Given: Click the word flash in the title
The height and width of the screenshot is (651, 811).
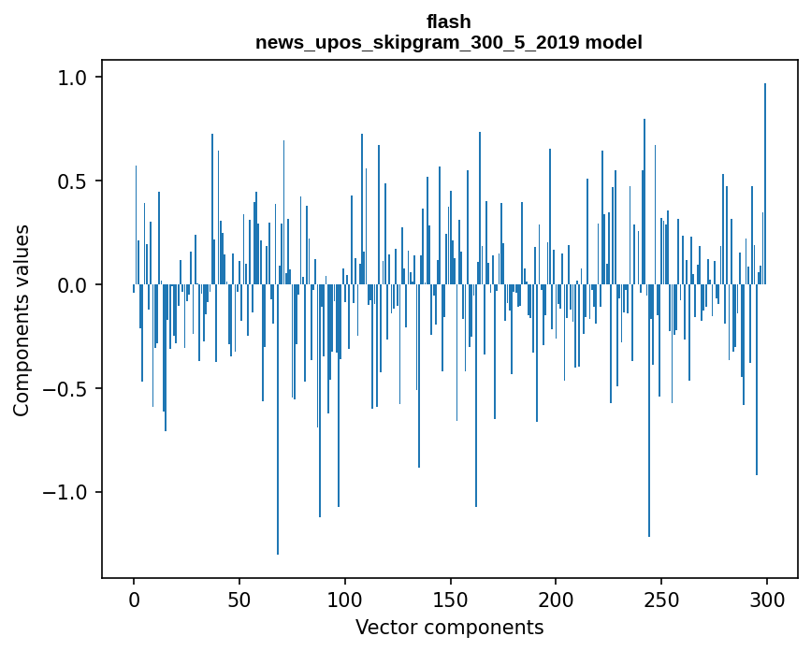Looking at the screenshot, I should click(x=449, y=22).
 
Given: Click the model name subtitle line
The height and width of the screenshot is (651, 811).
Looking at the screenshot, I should click(x=449, y=42).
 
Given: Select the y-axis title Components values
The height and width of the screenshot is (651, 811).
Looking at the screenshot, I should click(x=22, y=320).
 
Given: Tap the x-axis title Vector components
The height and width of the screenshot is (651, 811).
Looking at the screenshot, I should click(x=449, y=627).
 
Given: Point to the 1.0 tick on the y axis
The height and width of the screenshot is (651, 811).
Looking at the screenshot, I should click(x=73, y=78).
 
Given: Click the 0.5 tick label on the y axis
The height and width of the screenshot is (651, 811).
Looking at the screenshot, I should click(x=73, y=181).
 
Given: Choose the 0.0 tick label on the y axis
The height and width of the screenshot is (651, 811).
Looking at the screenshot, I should click(x=73, y=284).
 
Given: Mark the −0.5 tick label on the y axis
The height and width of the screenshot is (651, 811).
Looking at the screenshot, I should click(x=67, y=388).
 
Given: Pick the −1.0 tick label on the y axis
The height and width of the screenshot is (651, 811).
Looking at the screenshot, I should click(x=67, y=492).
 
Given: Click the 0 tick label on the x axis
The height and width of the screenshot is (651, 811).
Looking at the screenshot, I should click(x=134, y=599).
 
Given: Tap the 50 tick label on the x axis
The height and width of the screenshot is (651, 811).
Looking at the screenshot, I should click(x=239, y=599).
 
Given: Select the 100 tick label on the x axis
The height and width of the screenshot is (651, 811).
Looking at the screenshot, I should click(x=345, y=599).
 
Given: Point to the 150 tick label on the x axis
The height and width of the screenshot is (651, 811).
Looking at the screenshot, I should click(x=451, y=599).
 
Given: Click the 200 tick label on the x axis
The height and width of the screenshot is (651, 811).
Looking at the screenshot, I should click(x=557, y=599).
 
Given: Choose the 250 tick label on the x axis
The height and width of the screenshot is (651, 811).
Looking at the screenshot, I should click(x=662, y=599).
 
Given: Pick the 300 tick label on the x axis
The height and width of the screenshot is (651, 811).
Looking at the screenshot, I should click(x=768, y=599).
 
